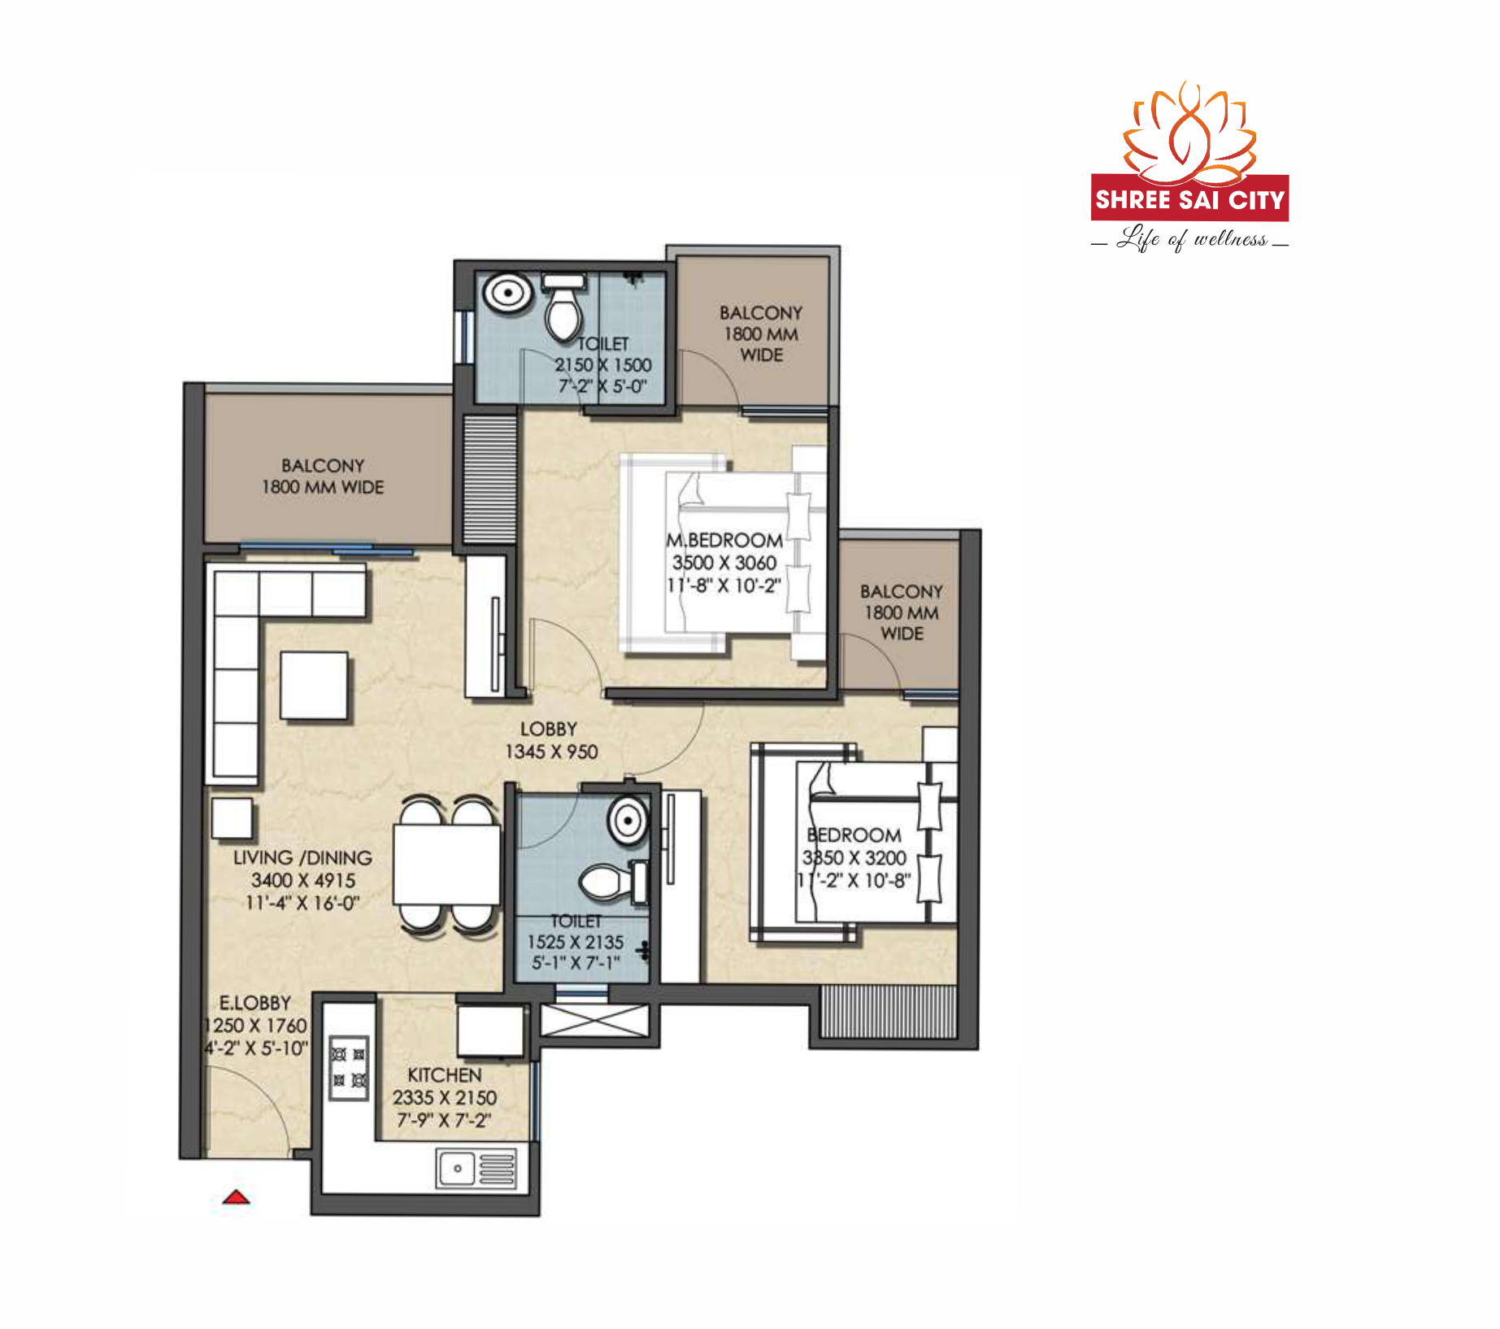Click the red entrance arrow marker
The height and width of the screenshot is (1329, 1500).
pos(237,1196)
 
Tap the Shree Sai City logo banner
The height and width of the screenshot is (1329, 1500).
pos(1189,198)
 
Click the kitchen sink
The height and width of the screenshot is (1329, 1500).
pos(476,1169)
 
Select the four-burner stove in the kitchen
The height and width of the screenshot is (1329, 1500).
pos(349,1068)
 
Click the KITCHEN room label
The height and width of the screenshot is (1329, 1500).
pos(445,1074)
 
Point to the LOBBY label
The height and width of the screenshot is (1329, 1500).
pos(549,729)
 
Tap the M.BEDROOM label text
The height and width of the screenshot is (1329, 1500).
pos(724,540)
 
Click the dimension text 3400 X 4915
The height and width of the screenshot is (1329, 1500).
pos(303,880)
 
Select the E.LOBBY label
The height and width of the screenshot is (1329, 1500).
pos(255,1003)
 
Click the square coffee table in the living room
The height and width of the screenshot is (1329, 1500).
pos(314,686)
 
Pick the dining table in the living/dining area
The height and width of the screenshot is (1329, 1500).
pos(446,864)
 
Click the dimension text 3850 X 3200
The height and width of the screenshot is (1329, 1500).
pos(854,857)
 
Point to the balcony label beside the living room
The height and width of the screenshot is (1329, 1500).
pos(323,476)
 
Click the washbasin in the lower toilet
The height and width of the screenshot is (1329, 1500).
pos(628,820)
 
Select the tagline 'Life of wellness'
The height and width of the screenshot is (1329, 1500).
pos(1190,239)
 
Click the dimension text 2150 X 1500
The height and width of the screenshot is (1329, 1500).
pos(603,365)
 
